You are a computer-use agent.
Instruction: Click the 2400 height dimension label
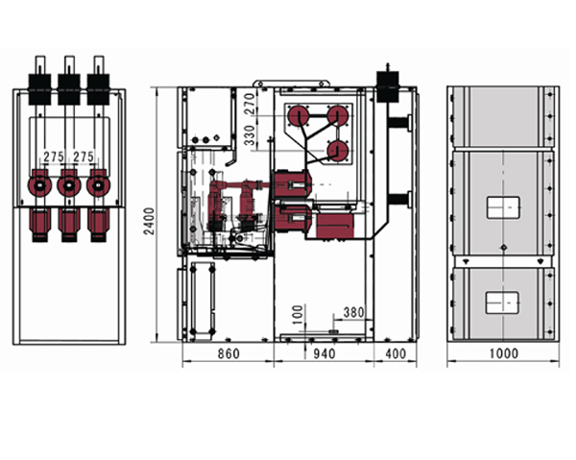pos(149,221)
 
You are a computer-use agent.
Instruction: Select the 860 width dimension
pos(228,353)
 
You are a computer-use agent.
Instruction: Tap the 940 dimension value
pos(324,353)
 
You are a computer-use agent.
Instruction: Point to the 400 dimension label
pos(396,353)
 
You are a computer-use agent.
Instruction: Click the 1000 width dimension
pos(504,353)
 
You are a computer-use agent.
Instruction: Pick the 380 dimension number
pos(353,312)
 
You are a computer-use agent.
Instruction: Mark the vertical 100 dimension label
pos(298,314)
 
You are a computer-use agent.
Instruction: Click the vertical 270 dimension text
pos(250,104)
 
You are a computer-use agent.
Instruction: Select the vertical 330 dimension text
pos(250,135)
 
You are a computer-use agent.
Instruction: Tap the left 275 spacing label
pos(54,157)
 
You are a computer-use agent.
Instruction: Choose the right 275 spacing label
pos(84,157)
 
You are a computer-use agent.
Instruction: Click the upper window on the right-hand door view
pos(503,207)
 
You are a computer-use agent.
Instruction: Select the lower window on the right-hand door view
pos(502,303)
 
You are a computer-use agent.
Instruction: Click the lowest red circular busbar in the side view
pos(338,152)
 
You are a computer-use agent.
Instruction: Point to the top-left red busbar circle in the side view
pos(299,116)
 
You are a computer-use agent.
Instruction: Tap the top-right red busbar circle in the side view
pos(338,116)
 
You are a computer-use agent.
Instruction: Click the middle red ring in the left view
pos(69,185)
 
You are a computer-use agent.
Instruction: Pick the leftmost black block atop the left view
pos(39,89)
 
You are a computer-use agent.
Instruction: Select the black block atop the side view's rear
pos(388,86)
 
